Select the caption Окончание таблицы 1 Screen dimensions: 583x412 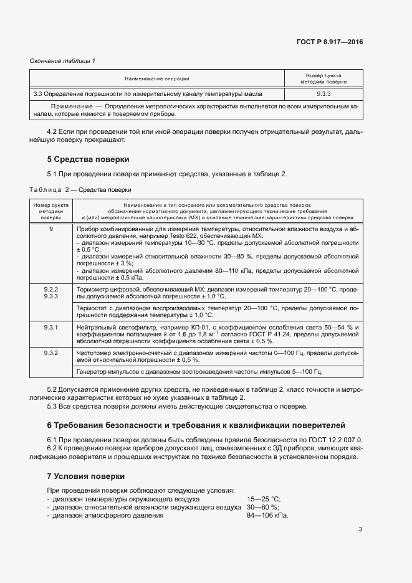[x=63, y=60]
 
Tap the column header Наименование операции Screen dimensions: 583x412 [x=156, y=78]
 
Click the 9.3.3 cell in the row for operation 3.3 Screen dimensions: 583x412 [x=323, y=93]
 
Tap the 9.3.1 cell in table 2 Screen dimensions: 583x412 [x=51, y=327]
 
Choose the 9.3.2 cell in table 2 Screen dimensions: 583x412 [x=51, y=353]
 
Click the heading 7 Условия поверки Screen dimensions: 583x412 [x=86, y=476]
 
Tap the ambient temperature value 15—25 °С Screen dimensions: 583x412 [x=264, y=499]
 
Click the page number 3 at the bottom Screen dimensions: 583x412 [x=360, y=529]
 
